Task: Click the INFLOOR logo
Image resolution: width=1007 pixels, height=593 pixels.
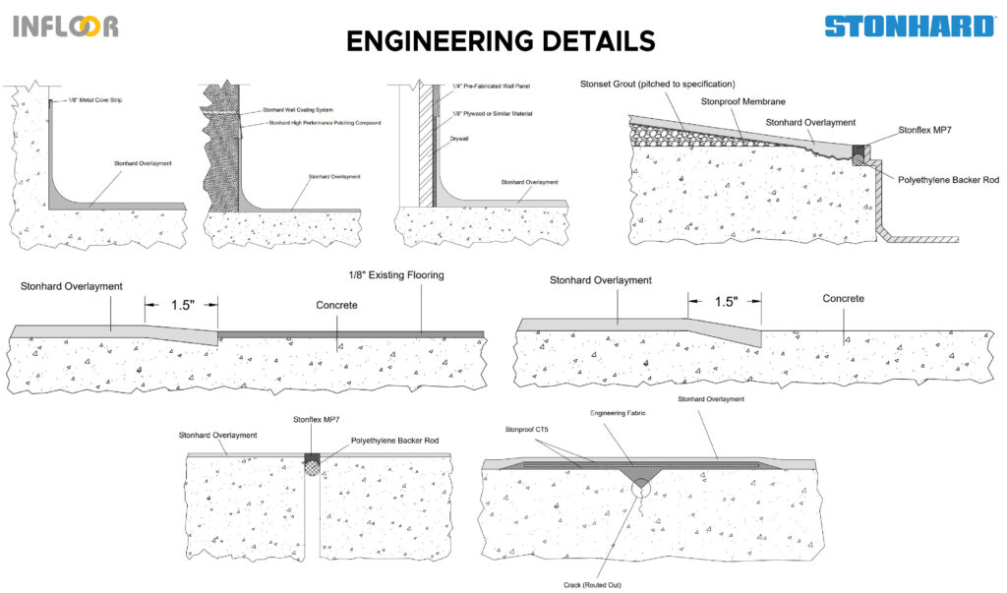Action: (x=66, y=26)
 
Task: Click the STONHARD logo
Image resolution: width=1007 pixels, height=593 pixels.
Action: (x=909, y=26)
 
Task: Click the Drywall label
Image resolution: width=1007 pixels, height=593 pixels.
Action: (x=459, y=140)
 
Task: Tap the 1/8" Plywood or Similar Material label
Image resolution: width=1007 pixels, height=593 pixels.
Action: (x=492, y=114)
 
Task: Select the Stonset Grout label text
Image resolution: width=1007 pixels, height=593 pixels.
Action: (x=657, y=85)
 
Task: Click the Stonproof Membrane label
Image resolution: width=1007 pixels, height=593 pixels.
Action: (x=742, y=101)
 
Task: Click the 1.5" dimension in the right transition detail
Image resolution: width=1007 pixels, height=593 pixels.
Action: (x=724, y=302)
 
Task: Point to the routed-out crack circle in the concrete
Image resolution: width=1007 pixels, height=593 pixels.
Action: (x=640, y=488)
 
